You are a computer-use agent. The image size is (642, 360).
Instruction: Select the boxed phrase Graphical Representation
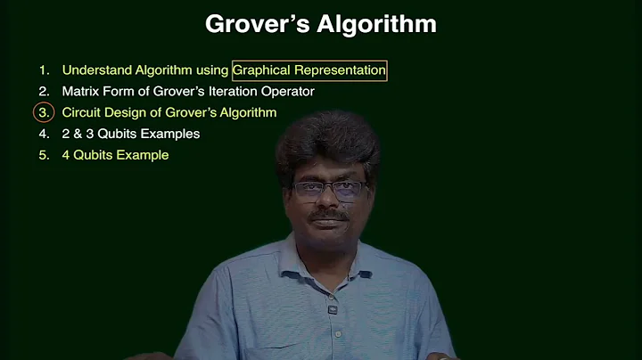[309, 70]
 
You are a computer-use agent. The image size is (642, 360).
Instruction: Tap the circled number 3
[44, 112]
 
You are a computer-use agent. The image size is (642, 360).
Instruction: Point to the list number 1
[43, 70]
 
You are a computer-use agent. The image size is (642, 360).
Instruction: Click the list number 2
[44, 91]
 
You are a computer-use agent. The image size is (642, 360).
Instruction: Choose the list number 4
[44, 134]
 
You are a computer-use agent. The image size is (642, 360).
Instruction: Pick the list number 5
[44, 155]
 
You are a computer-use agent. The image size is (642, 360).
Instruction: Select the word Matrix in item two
[81, 91]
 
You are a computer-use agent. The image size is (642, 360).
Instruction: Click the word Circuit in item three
[82, 112]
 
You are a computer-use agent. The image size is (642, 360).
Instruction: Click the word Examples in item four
[170, 134]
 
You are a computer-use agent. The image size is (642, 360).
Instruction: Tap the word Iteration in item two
[226, 91]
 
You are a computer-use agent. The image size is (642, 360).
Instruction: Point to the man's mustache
[330, 216]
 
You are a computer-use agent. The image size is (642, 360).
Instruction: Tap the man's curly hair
[326, 143]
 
